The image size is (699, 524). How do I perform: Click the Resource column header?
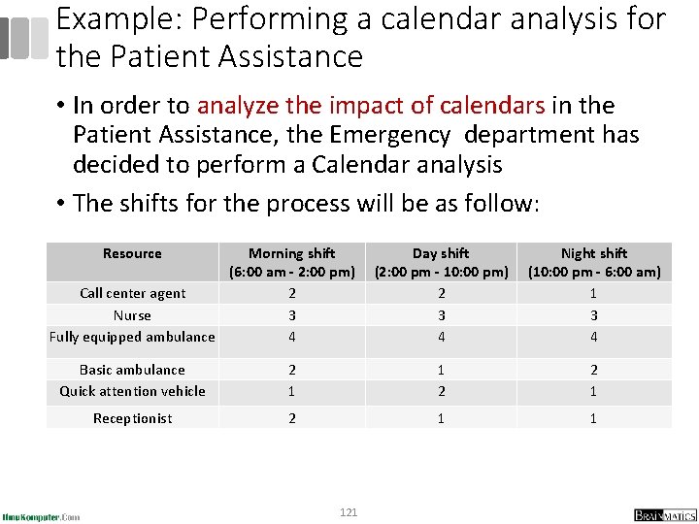(x=132, y=253)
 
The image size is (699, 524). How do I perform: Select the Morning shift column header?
(x=292, y=262)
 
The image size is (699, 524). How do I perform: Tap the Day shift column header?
(x=441, y=262)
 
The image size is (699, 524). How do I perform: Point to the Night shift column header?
(x=594, y=262)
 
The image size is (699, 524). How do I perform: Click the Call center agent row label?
(x=133, y=293)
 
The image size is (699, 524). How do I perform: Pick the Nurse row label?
(x=132, y=315)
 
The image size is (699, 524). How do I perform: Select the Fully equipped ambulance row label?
(x=132, y=337)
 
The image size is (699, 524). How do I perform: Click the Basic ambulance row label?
(x=132, y=370)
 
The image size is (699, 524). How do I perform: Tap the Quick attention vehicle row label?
(x=132, y=391)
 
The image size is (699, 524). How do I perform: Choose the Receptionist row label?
(x=132, y=418)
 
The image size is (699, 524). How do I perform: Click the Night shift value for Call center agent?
(x=594, y=293)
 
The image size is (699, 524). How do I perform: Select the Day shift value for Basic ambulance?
(x=441, y=370)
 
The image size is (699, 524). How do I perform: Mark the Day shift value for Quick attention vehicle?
(x=441, y=391)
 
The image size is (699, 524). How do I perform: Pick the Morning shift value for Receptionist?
(x=292, y=418)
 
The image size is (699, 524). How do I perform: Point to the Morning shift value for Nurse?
(x=292, y=315)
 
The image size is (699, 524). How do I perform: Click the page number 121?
(x=349, y=511)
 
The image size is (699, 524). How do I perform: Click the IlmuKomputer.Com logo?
(x=42, y=516)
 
